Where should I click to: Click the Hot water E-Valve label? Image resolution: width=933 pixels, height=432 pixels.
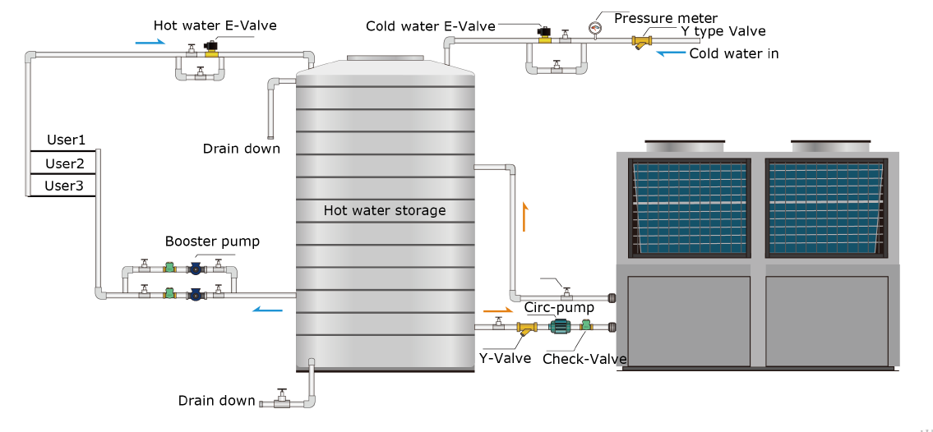[215, 25]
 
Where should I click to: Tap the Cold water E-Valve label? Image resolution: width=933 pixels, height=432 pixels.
[430, 26]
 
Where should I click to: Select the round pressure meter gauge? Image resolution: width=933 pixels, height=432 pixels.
[595, 27]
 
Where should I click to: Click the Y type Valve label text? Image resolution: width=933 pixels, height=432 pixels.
[723, 32]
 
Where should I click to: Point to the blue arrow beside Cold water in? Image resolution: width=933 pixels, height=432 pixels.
[669, 53]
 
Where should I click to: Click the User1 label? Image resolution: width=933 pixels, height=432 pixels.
[66, 140]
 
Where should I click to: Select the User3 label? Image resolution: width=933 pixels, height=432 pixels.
[64, 186]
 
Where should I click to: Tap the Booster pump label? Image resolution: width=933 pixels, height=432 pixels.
[212, 241]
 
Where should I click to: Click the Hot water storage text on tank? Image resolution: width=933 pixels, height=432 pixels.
[384, 210]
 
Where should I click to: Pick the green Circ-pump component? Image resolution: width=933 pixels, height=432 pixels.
[561, 326]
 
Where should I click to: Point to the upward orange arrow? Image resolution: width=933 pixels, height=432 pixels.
[524, 218]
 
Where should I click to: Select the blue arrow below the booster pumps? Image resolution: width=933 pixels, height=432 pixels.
[267, 310]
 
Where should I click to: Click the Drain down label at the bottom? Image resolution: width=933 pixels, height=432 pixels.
[216, 401]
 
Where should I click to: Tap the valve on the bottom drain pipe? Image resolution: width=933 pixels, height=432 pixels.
[282, 400]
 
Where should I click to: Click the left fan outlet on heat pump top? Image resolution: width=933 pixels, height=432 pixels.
[685, 146]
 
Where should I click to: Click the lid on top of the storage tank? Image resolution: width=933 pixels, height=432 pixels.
[385, 59]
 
